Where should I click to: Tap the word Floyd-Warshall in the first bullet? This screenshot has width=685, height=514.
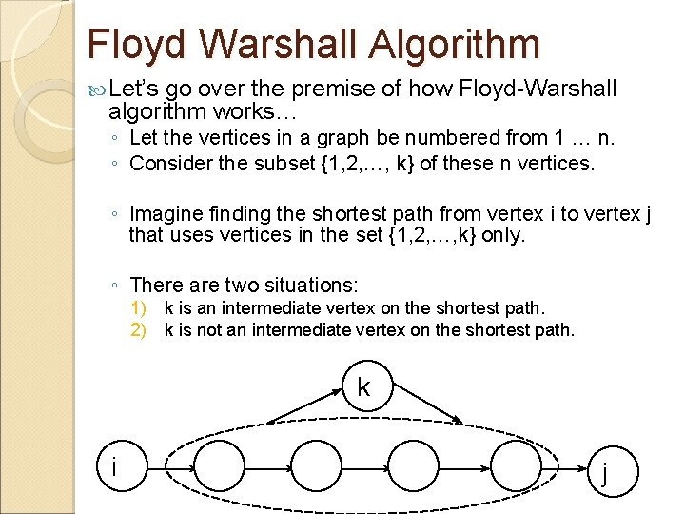click(538, 90)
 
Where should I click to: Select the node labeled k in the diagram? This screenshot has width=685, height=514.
click(363, 385)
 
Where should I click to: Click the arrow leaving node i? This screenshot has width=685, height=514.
click(181, 467)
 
